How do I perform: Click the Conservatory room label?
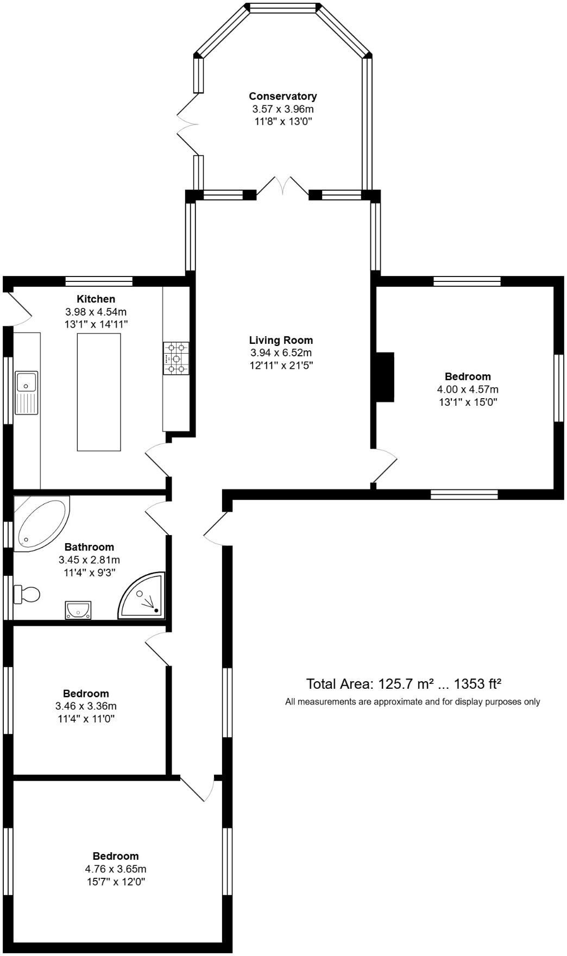282,96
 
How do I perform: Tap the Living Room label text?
281,341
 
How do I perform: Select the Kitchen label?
96,299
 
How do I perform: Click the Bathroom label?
89,547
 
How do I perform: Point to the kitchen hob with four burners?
176,358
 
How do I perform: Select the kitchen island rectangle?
99,392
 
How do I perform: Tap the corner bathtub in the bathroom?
40,523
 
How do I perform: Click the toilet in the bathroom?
27,594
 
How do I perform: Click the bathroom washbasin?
78,609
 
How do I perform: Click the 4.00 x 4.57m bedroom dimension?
468,389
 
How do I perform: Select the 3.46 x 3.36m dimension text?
86,706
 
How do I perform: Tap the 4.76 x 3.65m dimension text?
115,869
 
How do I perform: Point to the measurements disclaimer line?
413,702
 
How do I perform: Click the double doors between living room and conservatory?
282,186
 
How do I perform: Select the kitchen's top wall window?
99,281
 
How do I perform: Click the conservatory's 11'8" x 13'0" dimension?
283,122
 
